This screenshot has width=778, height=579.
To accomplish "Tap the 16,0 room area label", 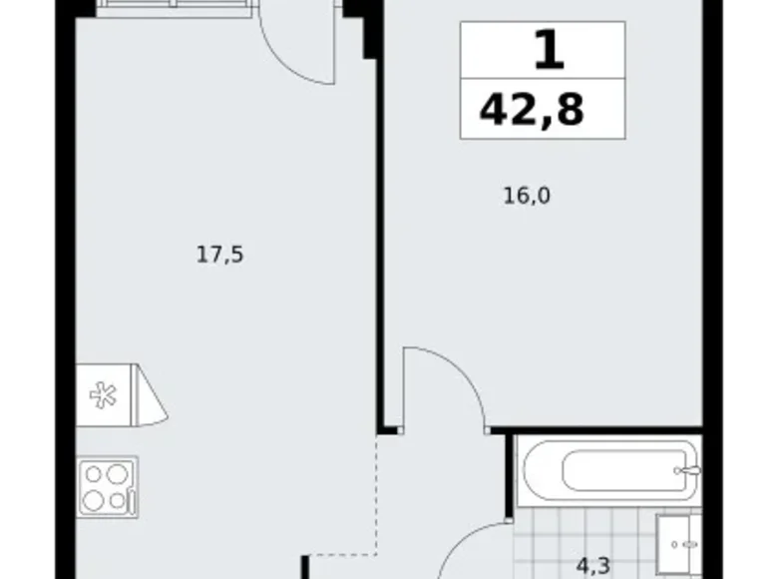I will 526,196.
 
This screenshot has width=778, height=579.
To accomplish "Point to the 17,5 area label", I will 219,255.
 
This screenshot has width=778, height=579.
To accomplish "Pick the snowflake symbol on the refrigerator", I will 102,395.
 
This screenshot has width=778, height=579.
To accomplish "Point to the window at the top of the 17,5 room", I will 174,9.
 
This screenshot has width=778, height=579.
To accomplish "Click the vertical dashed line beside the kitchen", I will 378,494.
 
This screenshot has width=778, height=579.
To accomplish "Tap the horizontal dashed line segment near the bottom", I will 339,552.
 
